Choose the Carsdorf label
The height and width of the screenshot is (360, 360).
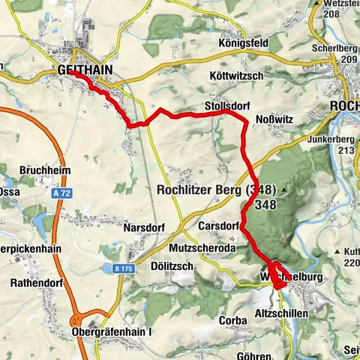(219, 225)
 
